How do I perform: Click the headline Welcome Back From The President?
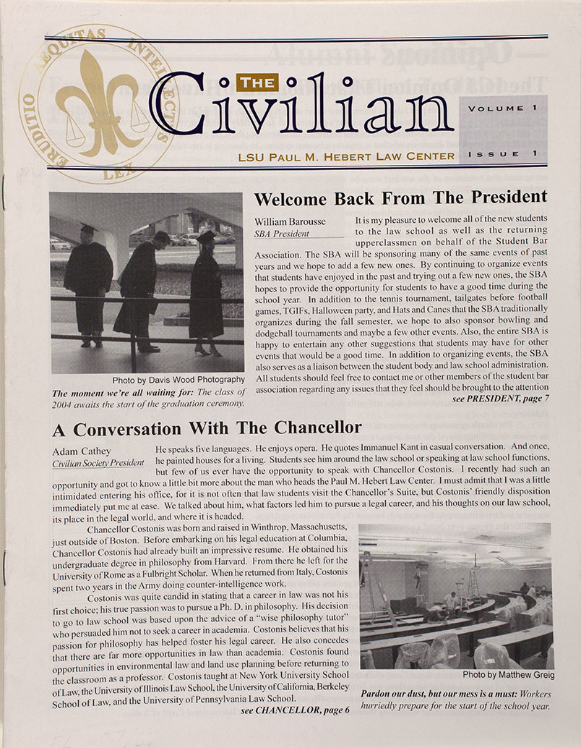click(x=400, y=197)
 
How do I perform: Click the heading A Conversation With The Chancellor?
click(x=207, y=429)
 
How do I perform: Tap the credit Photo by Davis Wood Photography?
click(x=178, y=381)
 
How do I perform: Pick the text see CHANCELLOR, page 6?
click(x=295, y=710)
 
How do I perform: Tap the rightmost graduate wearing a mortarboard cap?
click(x=206, y=292)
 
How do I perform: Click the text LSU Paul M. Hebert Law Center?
click(x=348, y=156)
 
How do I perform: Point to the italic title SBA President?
click(x=281, y=234)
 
